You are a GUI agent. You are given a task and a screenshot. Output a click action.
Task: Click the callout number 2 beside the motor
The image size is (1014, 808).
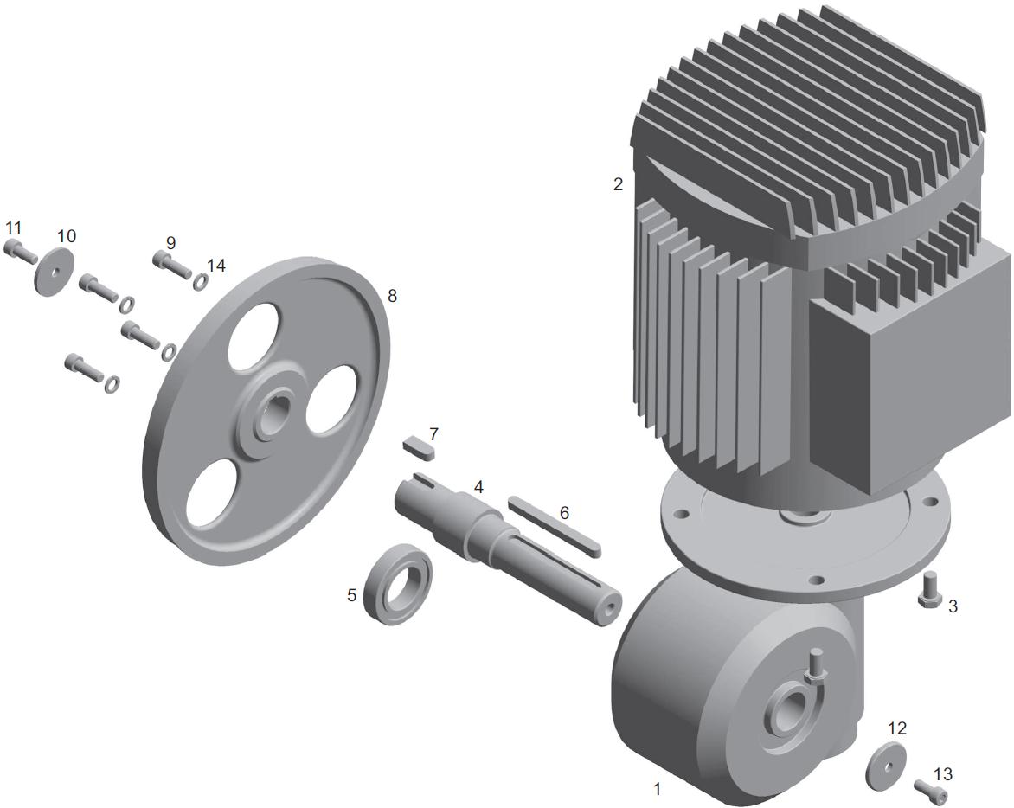[x=619, y=184]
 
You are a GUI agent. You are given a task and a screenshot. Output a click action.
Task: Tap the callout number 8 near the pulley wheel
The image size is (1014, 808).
[x=392, y=296]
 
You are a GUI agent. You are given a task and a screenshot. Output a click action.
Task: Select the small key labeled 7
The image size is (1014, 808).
[x=420, y=448]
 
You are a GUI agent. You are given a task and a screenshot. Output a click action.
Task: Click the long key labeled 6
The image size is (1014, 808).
[x=555, y=525]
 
